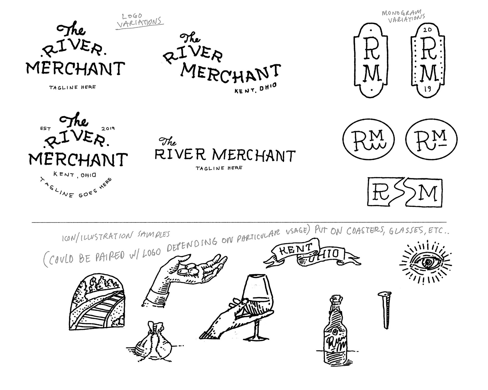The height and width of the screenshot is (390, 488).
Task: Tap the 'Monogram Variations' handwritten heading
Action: [x=404, y=16]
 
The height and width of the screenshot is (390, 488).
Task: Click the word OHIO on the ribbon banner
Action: [x=328, y=254]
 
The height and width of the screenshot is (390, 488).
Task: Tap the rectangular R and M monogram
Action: [x=405, y=192]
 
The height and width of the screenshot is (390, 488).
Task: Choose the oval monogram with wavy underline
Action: [x=369, y=139]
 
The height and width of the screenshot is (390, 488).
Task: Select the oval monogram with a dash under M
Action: [x=431, y=139]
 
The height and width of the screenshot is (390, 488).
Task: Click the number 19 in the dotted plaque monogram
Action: [x=428, y=89]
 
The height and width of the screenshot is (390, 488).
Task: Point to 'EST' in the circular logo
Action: [x=46, y=129]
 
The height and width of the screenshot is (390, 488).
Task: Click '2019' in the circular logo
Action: [x=108, y=128]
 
